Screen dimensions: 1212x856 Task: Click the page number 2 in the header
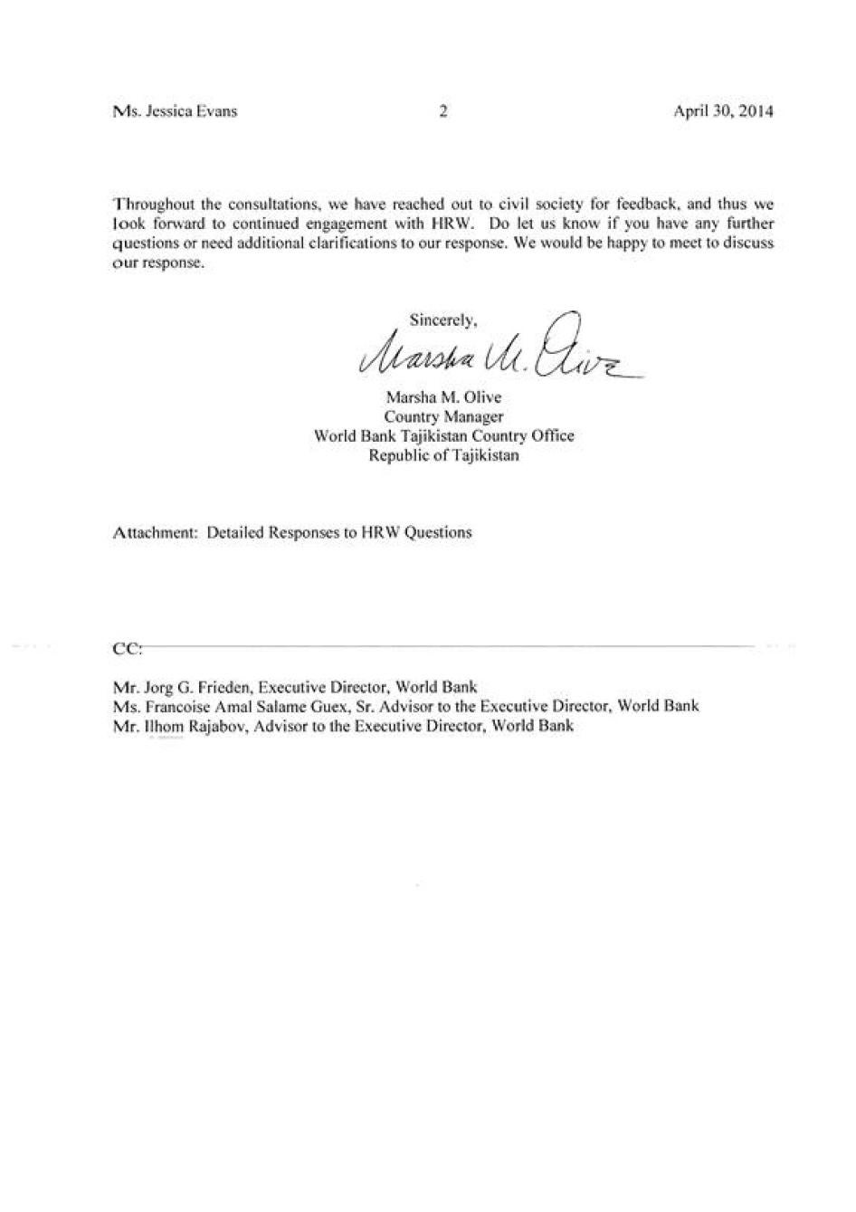pyautogui.click(x=443, y=112)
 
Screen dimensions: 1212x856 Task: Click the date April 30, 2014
pyautogui.click(x=723, y=112)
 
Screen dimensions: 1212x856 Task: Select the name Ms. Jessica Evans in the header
pyautogui.click(x=176, y=112)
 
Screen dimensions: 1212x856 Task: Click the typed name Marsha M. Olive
pyautogui.click(x=443, y=397)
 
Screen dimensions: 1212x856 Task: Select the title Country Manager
pyautogui.click(x=443, y=416)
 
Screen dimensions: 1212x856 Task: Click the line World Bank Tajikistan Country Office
pyautogui.click(x=443, y=435)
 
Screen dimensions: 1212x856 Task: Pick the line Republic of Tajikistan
pyautogui.click(x=443, y=455)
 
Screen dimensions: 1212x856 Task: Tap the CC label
pyautogui.click(x=126, y=649)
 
